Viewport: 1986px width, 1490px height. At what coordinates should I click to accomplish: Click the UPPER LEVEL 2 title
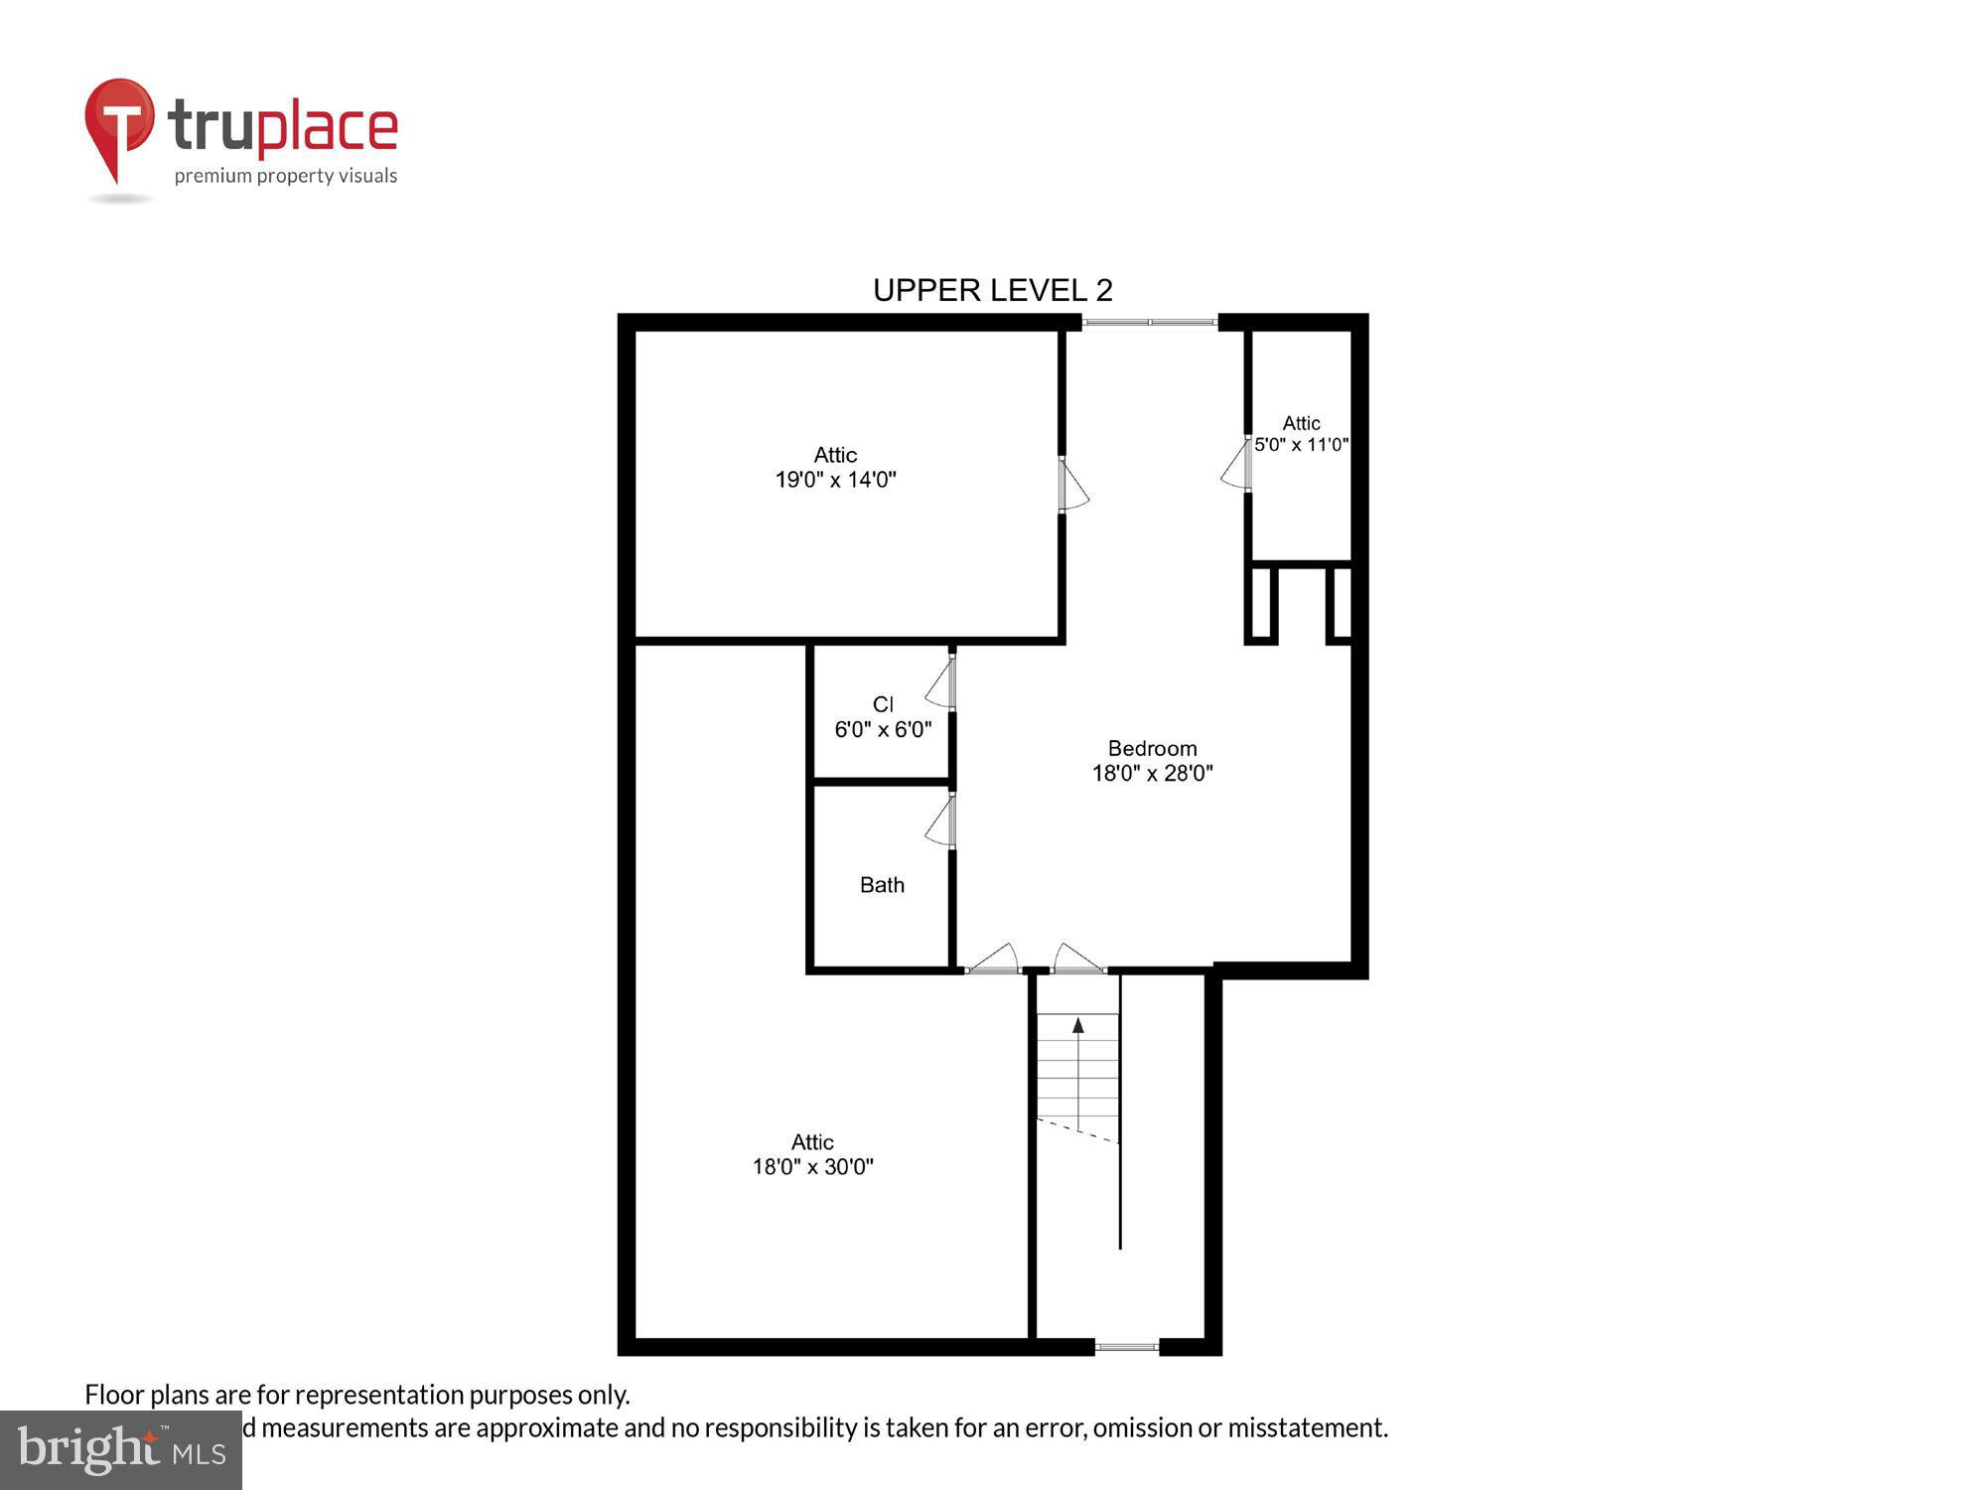point(992,290)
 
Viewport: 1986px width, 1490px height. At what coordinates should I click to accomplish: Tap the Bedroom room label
point(1152,748)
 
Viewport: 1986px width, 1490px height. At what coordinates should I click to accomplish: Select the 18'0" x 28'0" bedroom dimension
point(1152,773)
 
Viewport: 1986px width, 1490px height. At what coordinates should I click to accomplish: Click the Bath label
point(882,884)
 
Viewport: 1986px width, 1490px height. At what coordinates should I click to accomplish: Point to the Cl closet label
point(883,704)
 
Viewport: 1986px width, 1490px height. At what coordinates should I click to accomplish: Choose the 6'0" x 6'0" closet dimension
point(883,730)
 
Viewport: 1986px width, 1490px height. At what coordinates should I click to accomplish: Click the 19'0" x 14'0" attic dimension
point(835,480)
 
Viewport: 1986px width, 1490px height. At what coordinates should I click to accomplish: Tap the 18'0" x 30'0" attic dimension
point(812,1166)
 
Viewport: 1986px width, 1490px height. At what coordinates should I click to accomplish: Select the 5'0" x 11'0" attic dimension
point(1301,444)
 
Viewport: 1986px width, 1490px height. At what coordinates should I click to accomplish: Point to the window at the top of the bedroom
point(1149,322)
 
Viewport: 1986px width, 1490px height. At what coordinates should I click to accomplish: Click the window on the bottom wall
point(1126,1347)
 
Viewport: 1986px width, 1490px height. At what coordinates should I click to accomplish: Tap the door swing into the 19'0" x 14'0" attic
point(1072,485)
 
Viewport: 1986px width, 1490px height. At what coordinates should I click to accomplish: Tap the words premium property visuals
point(286,177)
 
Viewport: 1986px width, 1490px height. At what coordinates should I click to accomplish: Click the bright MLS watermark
point(121,1450)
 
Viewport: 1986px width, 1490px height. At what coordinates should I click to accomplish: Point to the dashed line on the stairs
point(1077,1129)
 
